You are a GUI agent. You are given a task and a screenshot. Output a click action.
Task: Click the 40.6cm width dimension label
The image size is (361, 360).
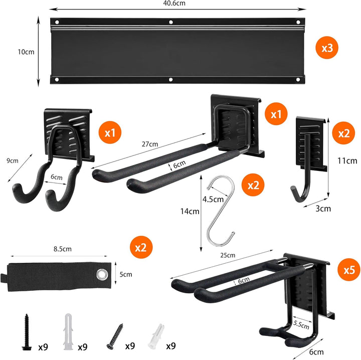174,3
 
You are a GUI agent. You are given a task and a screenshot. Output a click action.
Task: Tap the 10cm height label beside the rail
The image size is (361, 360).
26,52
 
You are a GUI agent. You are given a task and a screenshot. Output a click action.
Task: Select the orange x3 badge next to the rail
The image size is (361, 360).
327,48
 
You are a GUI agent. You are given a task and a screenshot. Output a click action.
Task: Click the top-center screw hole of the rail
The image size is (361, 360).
171,22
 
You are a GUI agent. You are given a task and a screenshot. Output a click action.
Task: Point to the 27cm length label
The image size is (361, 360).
150,144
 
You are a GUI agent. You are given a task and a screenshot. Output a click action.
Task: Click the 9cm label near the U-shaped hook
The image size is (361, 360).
12,160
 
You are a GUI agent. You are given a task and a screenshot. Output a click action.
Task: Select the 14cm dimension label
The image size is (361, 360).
190,211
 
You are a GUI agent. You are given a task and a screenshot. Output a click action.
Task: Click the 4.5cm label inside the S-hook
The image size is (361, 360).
213,199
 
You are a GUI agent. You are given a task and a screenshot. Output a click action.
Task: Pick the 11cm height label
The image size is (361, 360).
347,160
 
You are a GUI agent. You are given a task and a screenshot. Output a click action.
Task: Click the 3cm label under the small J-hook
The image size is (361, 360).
323,209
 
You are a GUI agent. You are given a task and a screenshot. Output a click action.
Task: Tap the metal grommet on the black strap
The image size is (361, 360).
102,274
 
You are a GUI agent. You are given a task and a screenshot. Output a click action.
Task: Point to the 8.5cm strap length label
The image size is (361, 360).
63,249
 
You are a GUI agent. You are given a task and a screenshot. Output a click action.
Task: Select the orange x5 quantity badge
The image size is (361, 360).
349,270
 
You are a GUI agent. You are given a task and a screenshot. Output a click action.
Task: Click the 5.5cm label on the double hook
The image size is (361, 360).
301,325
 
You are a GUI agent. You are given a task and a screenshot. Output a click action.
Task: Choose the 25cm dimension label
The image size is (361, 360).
228,255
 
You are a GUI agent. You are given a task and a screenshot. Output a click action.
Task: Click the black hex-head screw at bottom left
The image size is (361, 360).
27,332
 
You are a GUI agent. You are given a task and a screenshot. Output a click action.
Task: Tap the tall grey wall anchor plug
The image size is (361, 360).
68,332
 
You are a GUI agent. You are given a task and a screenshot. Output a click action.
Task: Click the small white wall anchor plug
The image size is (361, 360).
155,336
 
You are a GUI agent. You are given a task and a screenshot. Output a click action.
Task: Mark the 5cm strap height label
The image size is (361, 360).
126,274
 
